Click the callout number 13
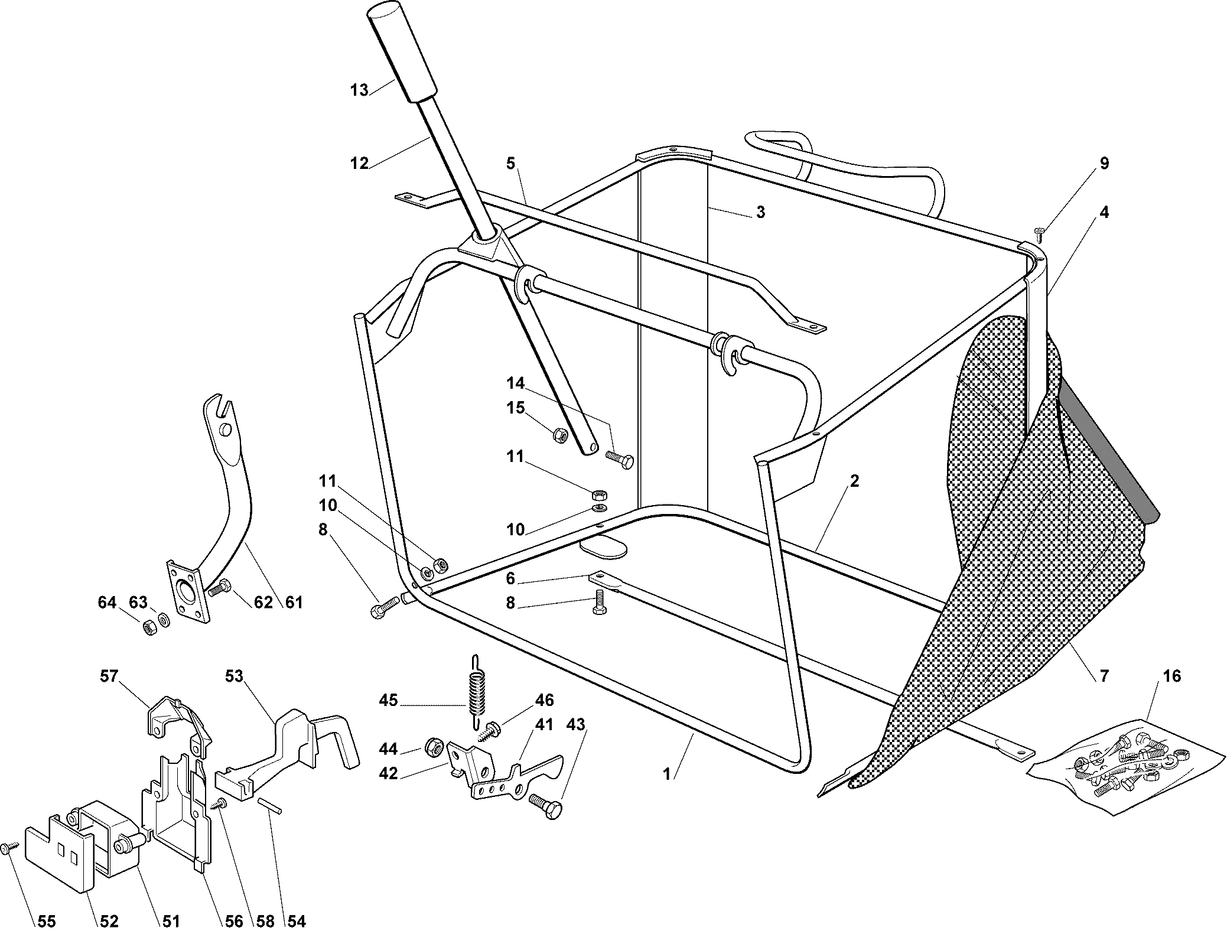(x=359, y=90)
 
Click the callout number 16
(x=1171, y=676)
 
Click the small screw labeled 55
(x=7, y=848)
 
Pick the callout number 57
(x=109, y=675)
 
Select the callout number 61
(x=294, y=602)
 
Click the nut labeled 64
(x=149, y=627)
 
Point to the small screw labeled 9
(x=1039, y=235)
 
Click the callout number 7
(x=1104, y=675)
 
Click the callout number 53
(x=234, y=675)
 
